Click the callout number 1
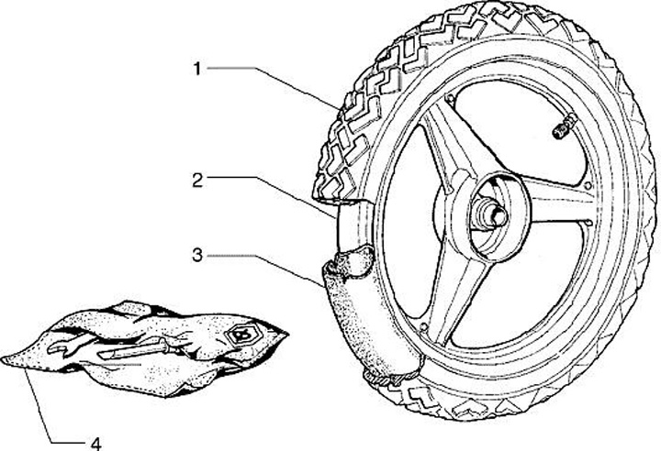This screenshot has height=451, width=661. click(x=196, y=68)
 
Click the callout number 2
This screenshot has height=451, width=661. click(x=196, y=180)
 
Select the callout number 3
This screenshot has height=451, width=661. click(x=196, y=257)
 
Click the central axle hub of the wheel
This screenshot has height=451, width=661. click(x=489, y=218)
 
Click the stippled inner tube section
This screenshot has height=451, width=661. click(x=353, y=321)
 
